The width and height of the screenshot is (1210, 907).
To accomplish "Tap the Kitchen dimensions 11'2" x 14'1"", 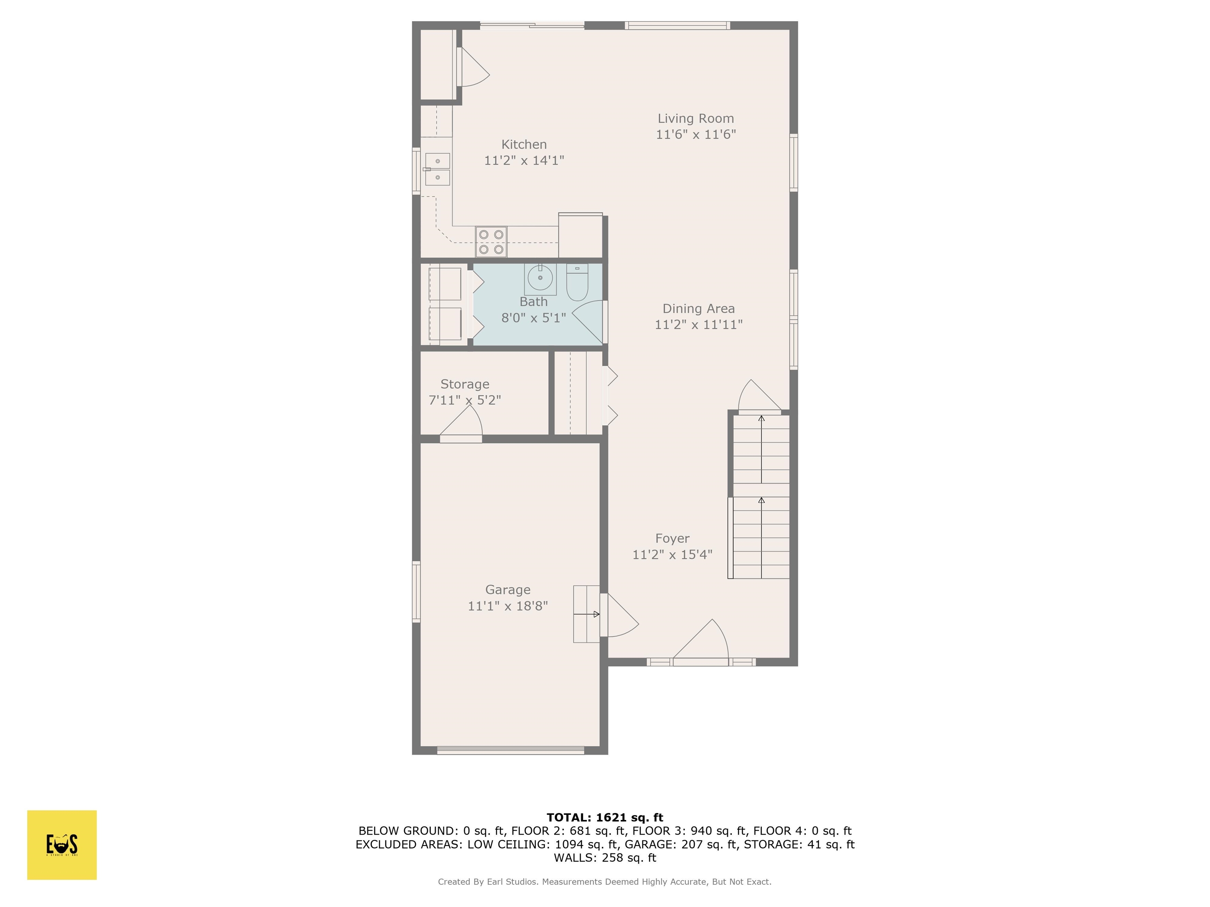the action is (524, 160).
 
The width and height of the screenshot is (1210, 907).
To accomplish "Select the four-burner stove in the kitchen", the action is (491, 242).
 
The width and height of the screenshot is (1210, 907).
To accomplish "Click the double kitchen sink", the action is (438, 170).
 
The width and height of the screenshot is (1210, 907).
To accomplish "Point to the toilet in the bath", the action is (577, 282).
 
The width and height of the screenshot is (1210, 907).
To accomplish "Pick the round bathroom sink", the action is (540, 278).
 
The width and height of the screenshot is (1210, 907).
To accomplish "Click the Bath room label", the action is (533, 302).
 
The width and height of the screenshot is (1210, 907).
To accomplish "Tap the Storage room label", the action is (465, 384).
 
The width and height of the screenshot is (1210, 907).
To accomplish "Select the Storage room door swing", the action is (461, 424).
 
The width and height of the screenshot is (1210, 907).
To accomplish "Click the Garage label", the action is (508, 590).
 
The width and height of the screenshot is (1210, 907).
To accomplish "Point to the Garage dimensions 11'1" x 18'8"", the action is (508, 606).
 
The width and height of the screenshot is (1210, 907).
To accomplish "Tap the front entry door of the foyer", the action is (701, 642).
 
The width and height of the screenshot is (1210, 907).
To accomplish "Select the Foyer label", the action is (672, 539).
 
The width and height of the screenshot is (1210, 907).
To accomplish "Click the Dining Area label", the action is (698, 309).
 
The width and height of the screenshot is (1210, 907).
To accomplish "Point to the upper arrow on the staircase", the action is (761, 450).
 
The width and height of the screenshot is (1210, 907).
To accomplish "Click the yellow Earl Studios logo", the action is (62, 845).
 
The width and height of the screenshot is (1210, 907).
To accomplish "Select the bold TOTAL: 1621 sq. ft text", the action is (605, 817).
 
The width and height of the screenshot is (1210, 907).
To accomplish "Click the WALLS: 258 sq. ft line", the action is (605, 858).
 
